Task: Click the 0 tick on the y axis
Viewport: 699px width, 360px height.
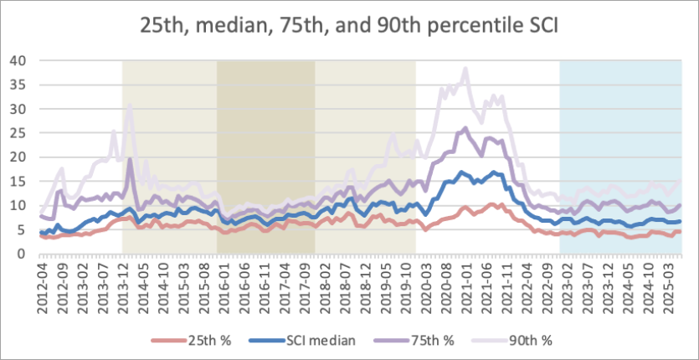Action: tap(23, 253)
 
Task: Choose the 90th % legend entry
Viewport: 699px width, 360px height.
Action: tap(528, 340)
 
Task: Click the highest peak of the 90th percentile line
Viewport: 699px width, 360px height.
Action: tap(465, 69)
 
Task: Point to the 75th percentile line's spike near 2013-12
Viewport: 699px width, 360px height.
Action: tap(130, 159)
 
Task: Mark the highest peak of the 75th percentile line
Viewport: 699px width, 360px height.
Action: tap(465, 128)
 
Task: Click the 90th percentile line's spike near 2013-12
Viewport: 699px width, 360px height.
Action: tap(130, 105)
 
